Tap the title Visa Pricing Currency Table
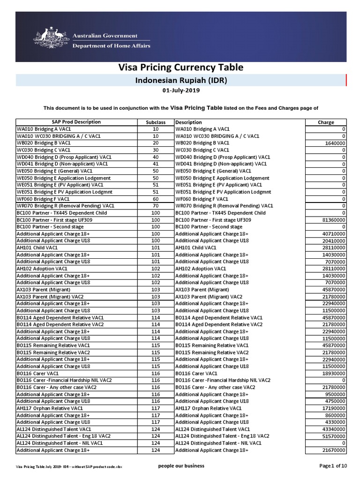pos(180,67)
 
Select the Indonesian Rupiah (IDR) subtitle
pos(181,80)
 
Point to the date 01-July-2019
pos(180,91)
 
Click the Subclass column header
pos(156,122)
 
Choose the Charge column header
pos(326,122)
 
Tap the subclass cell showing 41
pos(156,164)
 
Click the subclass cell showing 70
pos(156,206)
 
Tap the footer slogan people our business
pos(182,465)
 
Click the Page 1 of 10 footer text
pos(333,465)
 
